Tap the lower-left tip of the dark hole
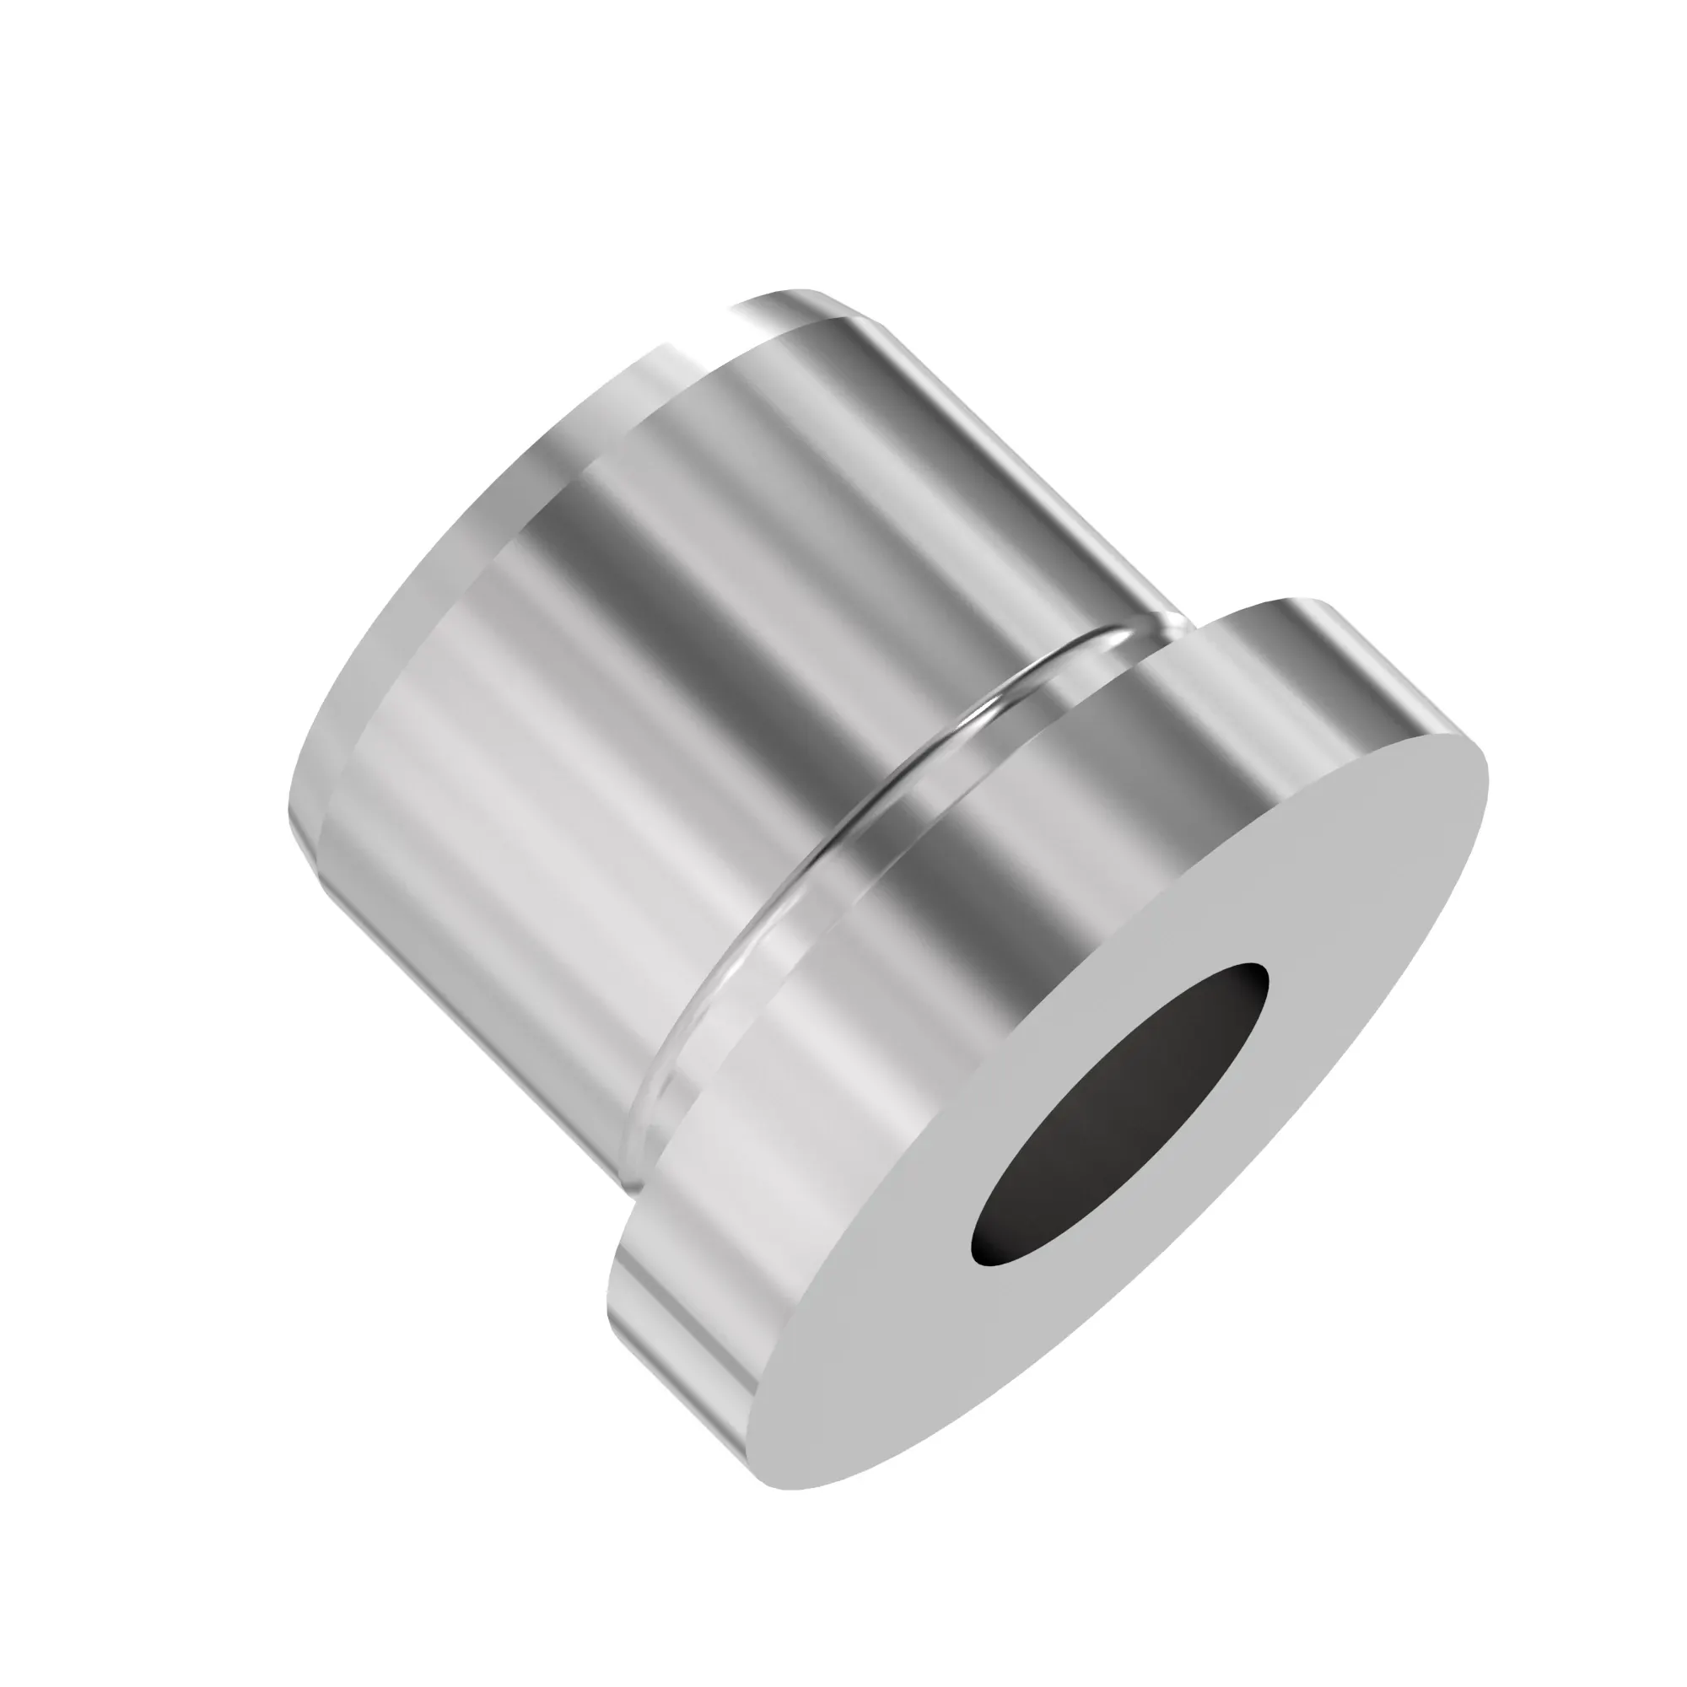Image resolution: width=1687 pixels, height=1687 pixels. [978, 1258]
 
